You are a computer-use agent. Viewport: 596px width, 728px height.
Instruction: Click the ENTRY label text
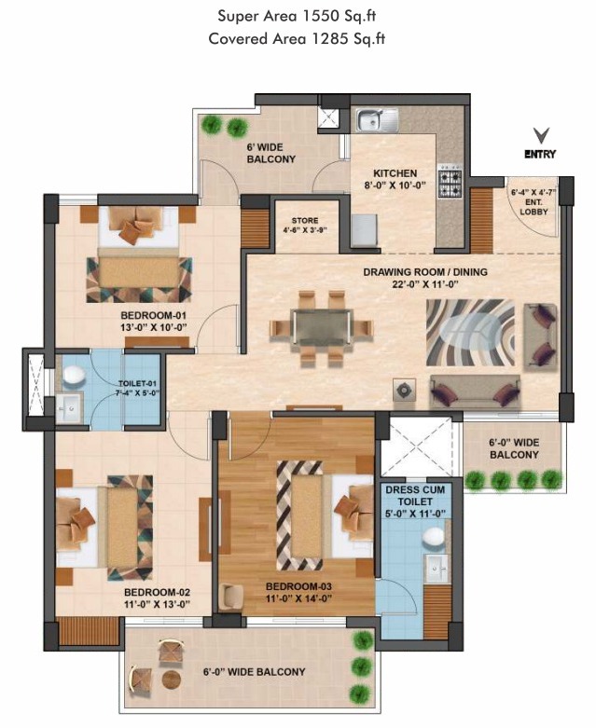(540, 154)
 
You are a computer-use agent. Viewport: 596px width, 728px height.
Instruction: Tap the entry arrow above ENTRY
(540, 136)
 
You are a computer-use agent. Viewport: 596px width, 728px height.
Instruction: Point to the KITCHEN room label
(395, 173)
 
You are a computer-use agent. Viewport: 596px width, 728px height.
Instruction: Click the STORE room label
(304, 221)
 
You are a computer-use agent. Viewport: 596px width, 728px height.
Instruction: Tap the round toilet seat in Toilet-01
(75, 376)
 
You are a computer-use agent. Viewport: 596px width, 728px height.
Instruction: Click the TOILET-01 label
(137, 384)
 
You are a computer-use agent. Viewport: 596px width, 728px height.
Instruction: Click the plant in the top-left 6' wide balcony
(214, 125)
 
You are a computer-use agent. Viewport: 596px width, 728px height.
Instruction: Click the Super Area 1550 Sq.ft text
(298, 16)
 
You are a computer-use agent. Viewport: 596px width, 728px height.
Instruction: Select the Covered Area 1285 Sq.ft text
(298, 38)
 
